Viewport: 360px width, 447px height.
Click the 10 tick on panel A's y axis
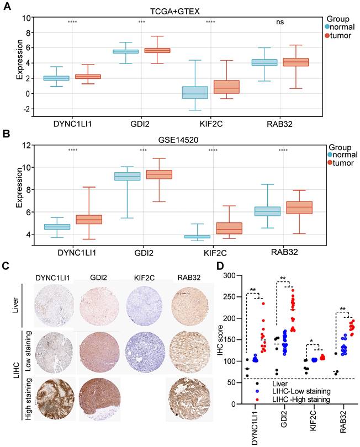[27, 18]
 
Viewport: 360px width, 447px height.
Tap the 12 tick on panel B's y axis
[25, 146]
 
